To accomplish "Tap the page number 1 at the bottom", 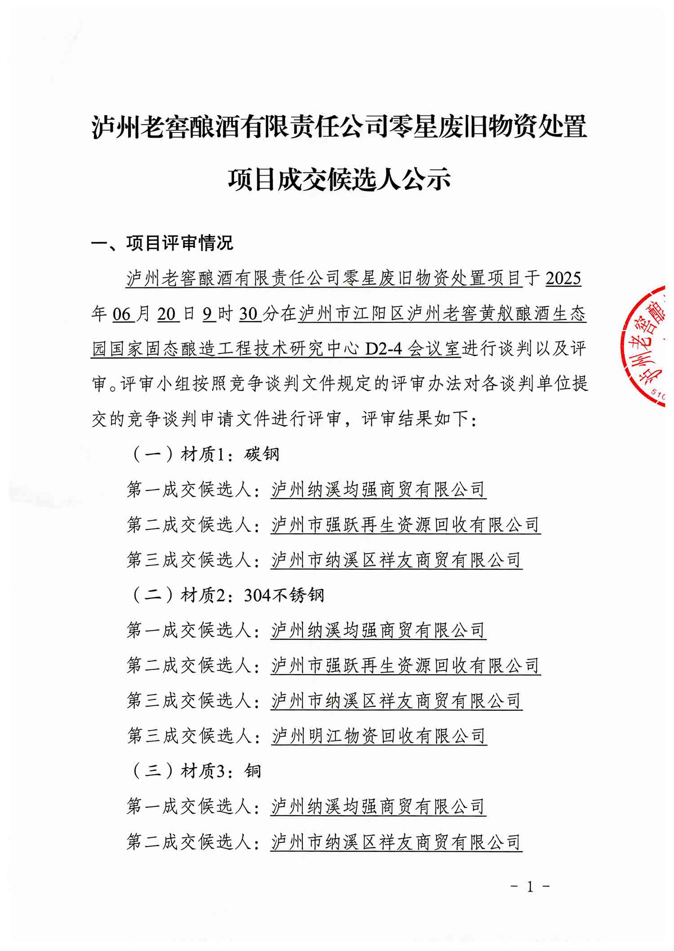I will coord(530,887).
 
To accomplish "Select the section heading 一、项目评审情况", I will coord(162,243).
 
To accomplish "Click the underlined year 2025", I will coord(563,279).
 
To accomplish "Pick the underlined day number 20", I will coord(167,314).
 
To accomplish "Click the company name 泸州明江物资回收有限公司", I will coord(379,736).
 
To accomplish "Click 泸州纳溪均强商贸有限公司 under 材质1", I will coord(378,490).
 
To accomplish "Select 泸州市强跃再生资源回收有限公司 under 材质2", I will coord(405,665).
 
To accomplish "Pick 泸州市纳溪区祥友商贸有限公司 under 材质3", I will coord(396,842).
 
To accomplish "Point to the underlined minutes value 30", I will coord(249,314).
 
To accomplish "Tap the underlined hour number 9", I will coord(208,314).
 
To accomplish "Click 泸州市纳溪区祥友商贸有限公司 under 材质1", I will coord(396,560).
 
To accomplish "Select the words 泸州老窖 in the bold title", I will coord(142,127).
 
